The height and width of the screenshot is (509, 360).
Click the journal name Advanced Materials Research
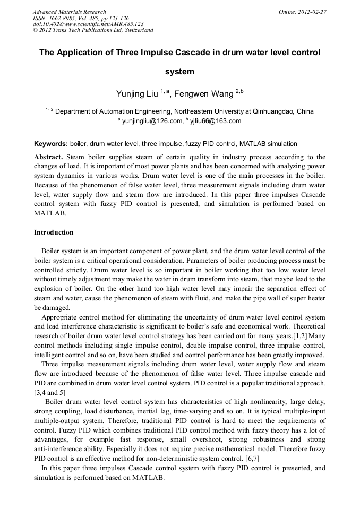[x=69, y=12]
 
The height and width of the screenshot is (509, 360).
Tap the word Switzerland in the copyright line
[x=137, y=30]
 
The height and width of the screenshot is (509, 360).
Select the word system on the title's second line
[x=179, y=72]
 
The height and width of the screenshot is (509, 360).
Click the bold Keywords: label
[x=51, y=144]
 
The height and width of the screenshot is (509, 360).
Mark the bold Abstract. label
[x=49, y=157]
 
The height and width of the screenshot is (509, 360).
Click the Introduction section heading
[x=54, y=232]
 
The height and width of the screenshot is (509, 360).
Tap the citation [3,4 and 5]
[x=50, y=392]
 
